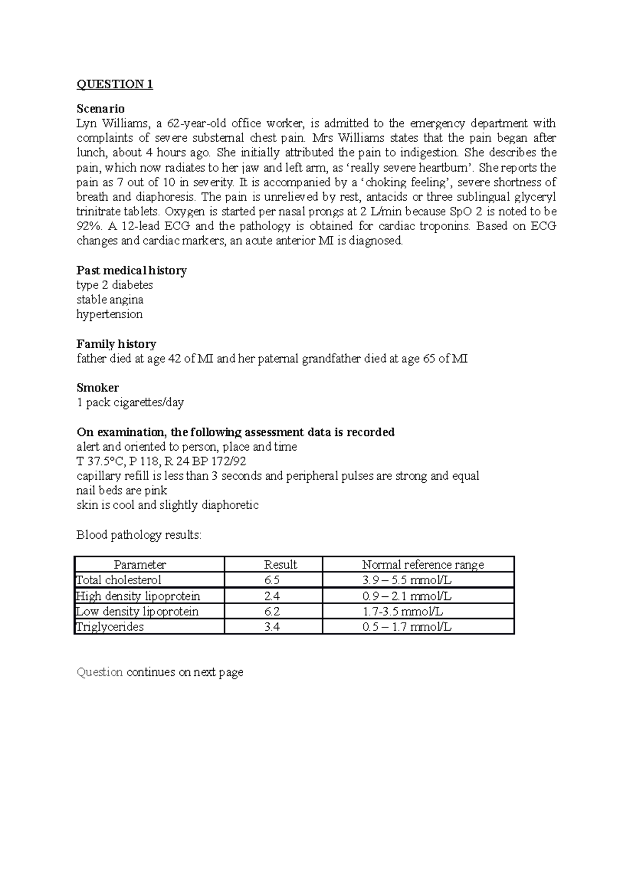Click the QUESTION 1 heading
pyautogui.click(x=114, y=84)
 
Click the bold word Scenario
pyautogui.click(x=100, y=109)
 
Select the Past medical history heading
pyautogui.click(x=131, y=271)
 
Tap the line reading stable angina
pyautogui.click(x=110, y=300)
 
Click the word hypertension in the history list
pyautogui.click(x=109, y=314)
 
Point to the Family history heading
pyautogui.click(x=116, y=344)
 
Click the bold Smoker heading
pyautogui.click(x=98, y=388)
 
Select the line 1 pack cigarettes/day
pyautogui.click(x=130, y=403)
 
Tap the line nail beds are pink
pyautogui.click(x=121, y=491)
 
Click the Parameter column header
pyautogui.click(x=140, y=565)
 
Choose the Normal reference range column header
pyautogui.click(x=423, y=565)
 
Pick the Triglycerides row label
pyautogui.click(x=110, y=627)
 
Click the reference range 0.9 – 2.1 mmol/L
pyautogui.click(x=407, y=596)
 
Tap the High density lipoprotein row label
pyautogui.click(x=138, y=596)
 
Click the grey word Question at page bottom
pyautogui.click(x=100, y=672)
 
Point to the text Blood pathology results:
pyautogui.click(x=139, y=535)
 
